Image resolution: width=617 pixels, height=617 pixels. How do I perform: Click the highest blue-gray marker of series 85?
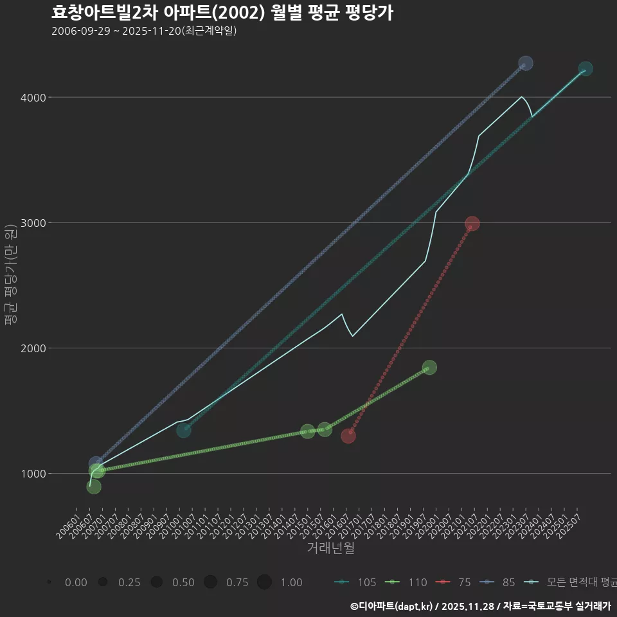(x=526, y=63)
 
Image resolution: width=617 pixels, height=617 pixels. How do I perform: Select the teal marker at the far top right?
(x=586, y=69)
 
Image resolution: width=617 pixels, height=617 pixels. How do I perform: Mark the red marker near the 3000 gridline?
(x=472, y=224)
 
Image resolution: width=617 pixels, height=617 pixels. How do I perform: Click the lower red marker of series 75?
(x=348, y=436)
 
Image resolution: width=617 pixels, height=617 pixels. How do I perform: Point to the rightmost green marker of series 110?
(x=430, y=367)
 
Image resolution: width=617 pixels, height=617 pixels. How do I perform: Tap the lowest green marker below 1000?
(x=94, y=487)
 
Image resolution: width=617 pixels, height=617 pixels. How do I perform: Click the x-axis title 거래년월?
(x=330, y=548)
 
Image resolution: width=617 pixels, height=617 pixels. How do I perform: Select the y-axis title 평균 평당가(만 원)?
(x=10, y=276)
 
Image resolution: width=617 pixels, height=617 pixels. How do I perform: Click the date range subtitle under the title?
(x=144, y=31)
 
